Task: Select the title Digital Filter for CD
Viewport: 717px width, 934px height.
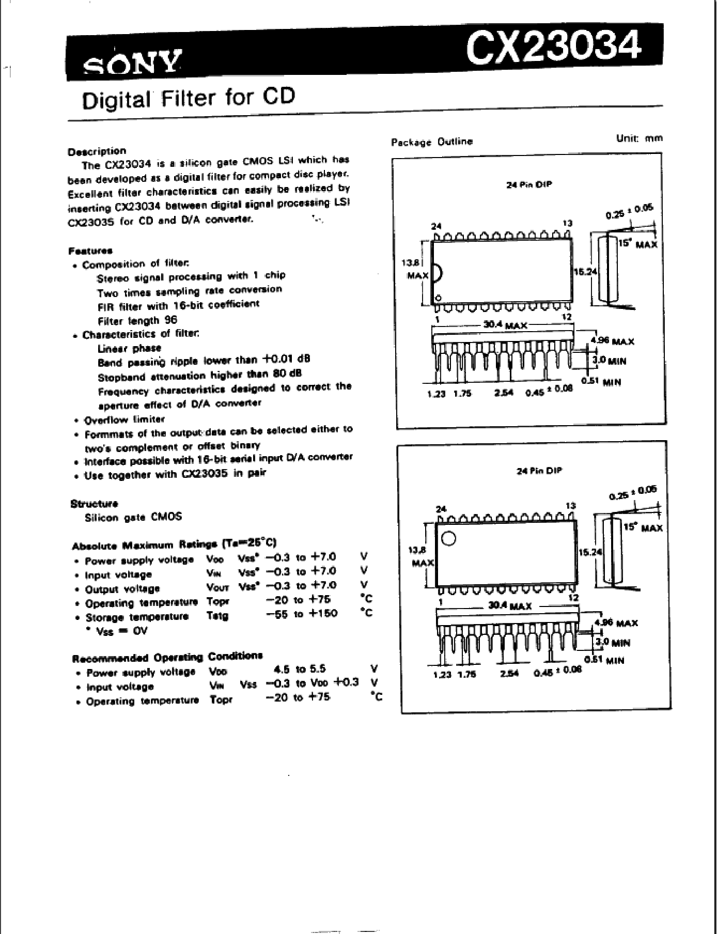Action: [x=189, y=98]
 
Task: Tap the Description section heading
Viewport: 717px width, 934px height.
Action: [x=97, y=151]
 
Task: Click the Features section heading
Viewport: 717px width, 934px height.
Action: [x=90, y=251]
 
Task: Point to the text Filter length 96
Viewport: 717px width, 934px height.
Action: [x=137, y=320]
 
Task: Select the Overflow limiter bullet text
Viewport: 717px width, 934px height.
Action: [x=124, y=419]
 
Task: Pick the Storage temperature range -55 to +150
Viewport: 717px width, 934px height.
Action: [x=302, y=614]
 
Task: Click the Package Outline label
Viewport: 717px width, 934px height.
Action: [x=432, y=142]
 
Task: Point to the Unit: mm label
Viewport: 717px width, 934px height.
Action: [x=639, y=138]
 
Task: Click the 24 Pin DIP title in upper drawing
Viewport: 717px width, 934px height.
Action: [x=529, y=184]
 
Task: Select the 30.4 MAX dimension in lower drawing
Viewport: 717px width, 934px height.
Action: [x=509, y=605]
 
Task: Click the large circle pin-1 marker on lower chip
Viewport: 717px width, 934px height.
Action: [x=449, y=538]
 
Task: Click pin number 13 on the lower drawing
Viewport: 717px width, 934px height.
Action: [x=570, y=505]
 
